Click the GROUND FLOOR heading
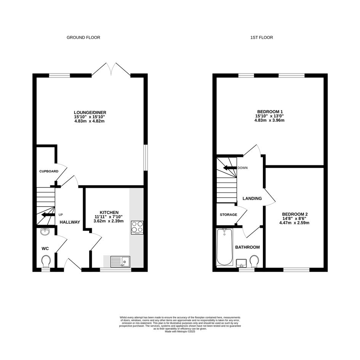click(83, 37)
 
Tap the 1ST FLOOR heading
click(261, 37)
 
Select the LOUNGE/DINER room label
click(90, 112)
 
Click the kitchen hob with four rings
click(137, 227)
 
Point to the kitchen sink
click(120, 262)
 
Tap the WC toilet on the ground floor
click(46, 261)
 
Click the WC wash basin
click(45, 232)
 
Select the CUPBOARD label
click(49, 171)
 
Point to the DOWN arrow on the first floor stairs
click(230, 168)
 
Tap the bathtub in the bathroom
click(224, 247)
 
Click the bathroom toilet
click(254, 261)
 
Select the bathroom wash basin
click(241, 263)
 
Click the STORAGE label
click(229, 215)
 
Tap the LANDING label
click(252, 198)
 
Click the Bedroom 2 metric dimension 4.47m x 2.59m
click(294, 223)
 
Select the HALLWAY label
click(70, 222)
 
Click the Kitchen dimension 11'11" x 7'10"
click(109, 217)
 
